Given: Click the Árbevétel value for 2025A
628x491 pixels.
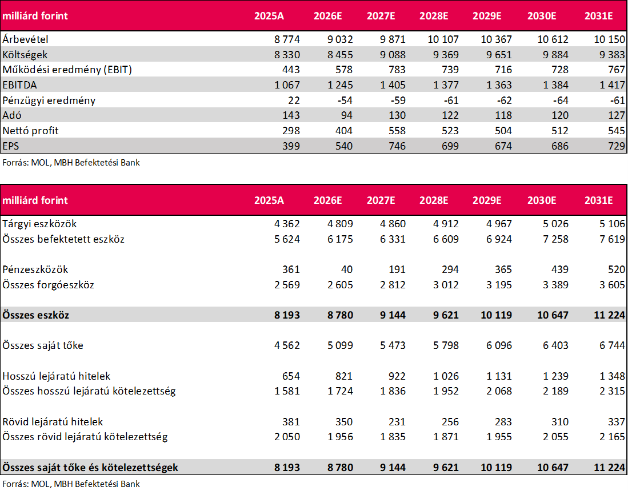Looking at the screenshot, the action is tap(287, 39).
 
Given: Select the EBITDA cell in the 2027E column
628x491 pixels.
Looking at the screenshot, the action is tap(393, 85).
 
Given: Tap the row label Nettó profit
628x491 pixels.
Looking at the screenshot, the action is tap(30, 130).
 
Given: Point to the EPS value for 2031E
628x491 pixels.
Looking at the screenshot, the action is tap(617, 146).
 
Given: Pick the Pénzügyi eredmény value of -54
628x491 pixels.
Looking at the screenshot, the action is tap(345, 100).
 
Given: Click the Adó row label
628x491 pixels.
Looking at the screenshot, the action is tap(11, 115).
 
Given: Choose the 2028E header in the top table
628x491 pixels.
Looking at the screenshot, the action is tap(434, 16).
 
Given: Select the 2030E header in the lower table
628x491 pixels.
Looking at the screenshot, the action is tap(542, 200).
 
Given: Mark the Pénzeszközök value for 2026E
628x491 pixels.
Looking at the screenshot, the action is tap(347, 269).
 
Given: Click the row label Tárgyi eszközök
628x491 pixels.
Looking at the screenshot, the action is tap(39, 224).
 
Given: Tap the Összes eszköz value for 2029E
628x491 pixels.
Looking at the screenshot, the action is tap(496, 315).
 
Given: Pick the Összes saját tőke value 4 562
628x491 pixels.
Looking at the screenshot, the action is tap(287, 345).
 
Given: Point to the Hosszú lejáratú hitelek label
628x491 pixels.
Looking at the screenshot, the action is tap(56, 376).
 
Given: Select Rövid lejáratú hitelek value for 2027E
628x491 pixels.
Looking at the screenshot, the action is tap(397, 422).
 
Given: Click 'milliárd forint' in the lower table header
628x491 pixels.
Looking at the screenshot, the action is tap(35, 200).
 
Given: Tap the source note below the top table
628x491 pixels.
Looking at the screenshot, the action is tap(71, 163).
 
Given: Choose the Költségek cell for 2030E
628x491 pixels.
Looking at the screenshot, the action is tap(555, 54).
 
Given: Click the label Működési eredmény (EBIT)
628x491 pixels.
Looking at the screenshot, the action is tap(67, 70).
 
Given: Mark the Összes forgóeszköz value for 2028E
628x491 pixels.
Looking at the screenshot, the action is tap(446, 284).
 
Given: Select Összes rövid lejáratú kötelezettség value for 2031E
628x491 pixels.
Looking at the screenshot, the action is tap(612, 437).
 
